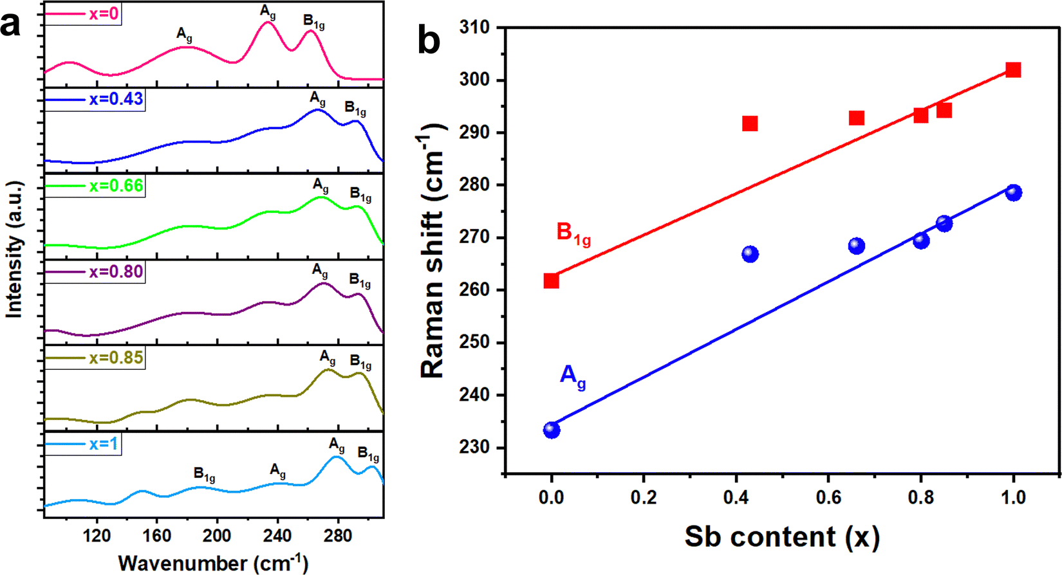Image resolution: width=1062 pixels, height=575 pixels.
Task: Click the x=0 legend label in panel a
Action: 104,14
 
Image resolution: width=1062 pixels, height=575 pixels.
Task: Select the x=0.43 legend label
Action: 116,100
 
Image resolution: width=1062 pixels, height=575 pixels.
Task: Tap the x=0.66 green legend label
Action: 116,186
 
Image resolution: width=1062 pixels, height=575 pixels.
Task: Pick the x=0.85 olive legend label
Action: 116,358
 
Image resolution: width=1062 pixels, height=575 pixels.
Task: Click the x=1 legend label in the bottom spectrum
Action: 104,444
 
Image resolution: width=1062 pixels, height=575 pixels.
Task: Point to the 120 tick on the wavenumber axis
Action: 97,536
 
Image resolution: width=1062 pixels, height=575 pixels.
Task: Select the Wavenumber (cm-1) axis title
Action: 213,563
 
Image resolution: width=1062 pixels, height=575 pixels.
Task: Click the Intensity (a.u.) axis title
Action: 14,250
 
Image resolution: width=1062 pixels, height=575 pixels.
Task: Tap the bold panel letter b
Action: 429,40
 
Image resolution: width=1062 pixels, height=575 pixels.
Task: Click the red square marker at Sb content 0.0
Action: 551,280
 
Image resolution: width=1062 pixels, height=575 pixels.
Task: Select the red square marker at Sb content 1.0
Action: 1013,69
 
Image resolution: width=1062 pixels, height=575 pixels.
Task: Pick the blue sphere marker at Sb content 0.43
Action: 750,254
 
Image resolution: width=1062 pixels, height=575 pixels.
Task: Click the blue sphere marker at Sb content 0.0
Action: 551,430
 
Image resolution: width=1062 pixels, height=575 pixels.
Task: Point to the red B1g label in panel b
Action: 573,234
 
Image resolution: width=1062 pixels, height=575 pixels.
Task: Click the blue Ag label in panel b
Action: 573,376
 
